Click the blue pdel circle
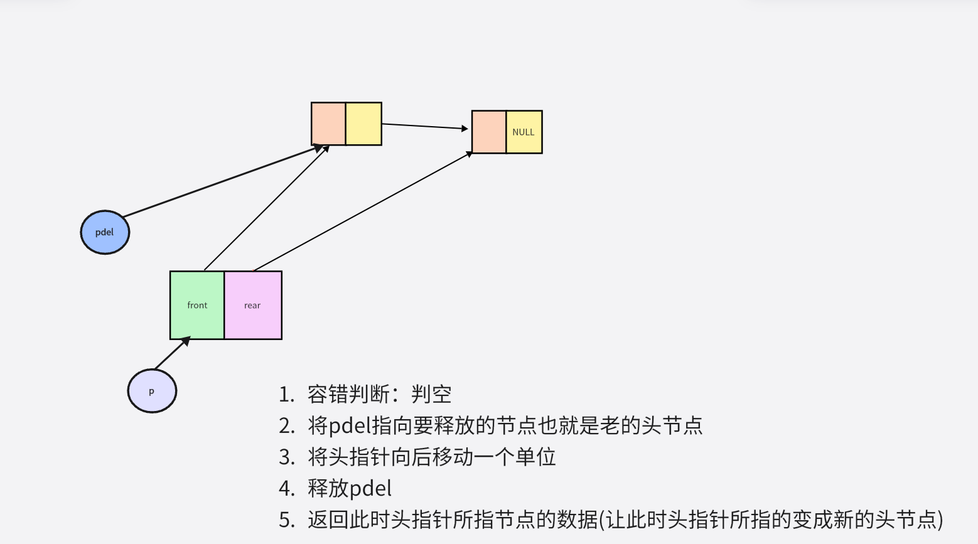pyautogui.click(x=105, y=232)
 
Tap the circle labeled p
pyautogui.click(x=152, y=391)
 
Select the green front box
pyautogui.click(x=197, y=306)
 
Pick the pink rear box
pyautogui.click(x=253, y=306)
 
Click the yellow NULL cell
pyautogui.click(x=524, y=132)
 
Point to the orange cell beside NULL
pyautogui.click(x=489, y=132)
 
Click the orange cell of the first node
pyautogui.click(x=328, y=124)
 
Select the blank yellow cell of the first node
pyautogui.click(x=363, y=124)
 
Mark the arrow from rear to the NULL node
pyautogui.click(x=363, y=211)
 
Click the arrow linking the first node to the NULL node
pyautogui.click(x=425, y=126)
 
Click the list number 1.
pyautogui.click(x=286, y=395)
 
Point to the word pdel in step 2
pyautogui.click(x=350, y=426)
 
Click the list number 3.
pyautogui.click(x=286, y=457)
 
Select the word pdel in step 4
pyautogui.click(x=370, y=489)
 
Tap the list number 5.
pyautogui.click(x=286, y=520)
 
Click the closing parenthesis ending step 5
pyautogui.click(x=940, y=520)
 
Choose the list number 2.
pyautogui.click(x=286, y=426)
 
